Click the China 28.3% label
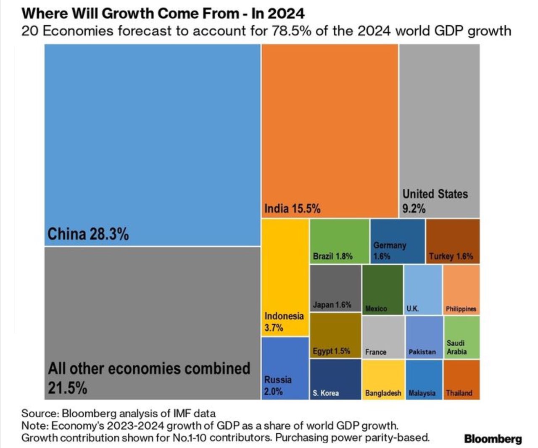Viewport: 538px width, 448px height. pyautogui.click(x=88, y=234)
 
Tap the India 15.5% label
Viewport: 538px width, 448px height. pyautogui.click(x=292, y=208)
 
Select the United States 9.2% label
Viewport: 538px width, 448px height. pyautogui.click(x=435, y=201)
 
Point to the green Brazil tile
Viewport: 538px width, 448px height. pyautogui.click(x=339, y=241)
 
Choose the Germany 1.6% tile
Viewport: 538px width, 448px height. pyautogui.click(x=397, y=241)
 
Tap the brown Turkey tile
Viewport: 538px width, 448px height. pyautogui.click(x=452, y=241)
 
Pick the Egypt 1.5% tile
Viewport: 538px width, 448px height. pyautogui.click(x=335, y=336)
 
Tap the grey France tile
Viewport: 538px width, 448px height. pyautogui.click(x=383, y=337)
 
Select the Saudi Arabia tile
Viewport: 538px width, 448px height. pyautogui.click(x=462, y=337)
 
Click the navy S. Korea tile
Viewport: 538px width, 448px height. pyautogui.click(x=335, y=379)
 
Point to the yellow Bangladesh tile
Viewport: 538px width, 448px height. pyautogui.click(x=383, y=379)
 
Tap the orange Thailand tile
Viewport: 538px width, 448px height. pyautogui.click(x=461, y=379)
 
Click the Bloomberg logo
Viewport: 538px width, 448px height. pyautogui.click(x=493, y=439)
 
